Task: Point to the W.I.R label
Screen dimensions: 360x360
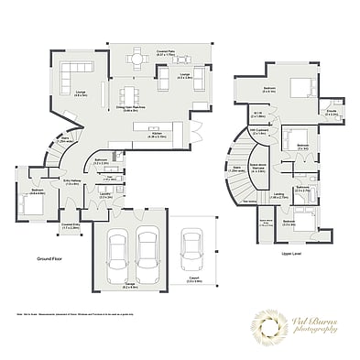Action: tap(258, 115)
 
